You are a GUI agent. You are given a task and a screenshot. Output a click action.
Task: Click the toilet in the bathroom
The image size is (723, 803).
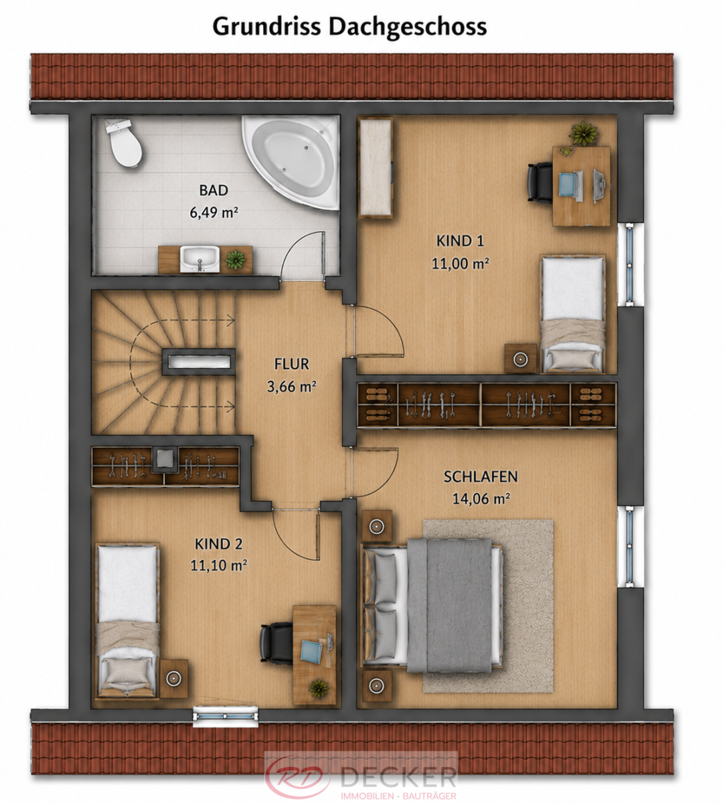click(123, 143)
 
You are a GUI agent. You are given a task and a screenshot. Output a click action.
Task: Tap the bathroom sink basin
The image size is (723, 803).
click(199, 258)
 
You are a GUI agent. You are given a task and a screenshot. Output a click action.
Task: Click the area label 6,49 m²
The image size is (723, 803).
click(214, 212)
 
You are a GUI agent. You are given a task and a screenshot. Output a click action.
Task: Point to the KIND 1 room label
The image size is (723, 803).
click(460, 241)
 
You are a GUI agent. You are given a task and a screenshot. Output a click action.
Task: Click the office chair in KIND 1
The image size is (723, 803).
click(540, 183)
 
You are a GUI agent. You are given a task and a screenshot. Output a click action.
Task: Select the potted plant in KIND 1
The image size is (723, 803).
click(584, 133)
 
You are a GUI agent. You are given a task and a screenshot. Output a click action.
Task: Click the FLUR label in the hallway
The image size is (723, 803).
click(292, 364)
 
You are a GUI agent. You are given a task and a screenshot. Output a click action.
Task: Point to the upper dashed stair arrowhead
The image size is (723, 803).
click(231, 319)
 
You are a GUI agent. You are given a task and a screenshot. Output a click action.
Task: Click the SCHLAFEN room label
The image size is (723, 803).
click(481, 476)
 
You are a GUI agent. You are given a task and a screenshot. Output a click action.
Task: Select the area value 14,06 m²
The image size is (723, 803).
click(481, 499)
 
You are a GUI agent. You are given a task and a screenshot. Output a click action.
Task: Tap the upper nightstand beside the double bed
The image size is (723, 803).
click(376, 527)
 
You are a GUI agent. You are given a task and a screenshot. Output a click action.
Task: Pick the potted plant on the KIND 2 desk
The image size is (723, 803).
click(319, 688)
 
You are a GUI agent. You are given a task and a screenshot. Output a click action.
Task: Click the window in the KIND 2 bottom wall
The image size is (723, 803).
click(226, 716)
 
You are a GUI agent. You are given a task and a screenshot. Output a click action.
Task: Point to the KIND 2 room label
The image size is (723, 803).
click(218, 544)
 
